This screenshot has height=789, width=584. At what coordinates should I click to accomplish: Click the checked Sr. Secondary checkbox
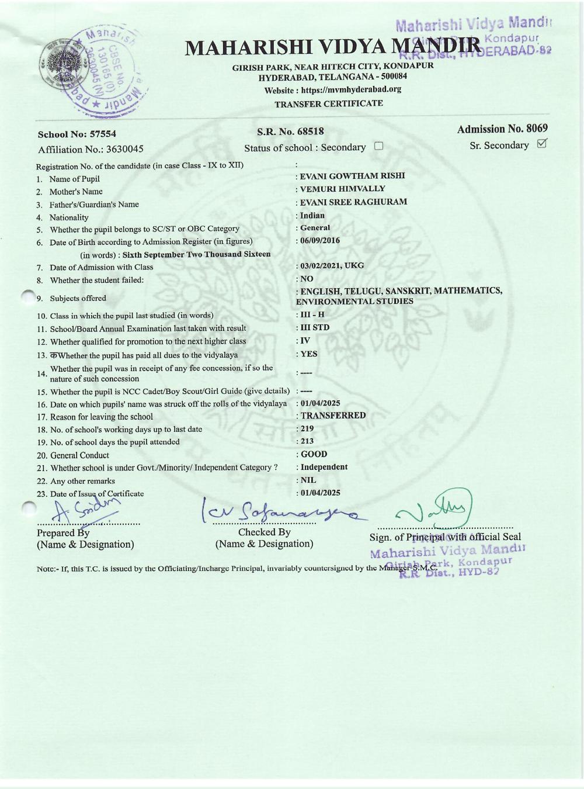pos(541,143)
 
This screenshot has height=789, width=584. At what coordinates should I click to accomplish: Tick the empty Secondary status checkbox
pos(378,146)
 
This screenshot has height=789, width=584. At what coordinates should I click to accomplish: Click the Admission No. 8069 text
pos(502,129)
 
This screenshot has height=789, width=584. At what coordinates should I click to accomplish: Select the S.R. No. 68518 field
pos(290,131)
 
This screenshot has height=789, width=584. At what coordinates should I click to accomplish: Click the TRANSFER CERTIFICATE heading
pos(329,103)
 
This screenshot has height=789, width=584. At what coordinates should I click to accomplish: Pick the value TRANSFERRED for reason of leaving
pos(333,416)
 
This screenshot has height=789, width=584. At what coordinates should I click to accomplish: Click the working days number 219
pos(307,428)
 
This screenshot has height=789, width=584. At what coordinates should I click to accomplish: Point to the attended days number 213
pos(307,441)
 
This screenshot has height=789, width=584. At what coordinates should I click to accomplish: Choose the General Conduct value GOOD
pos(314,454)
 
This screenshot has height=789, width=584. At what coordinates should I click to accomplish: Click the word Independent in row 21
pos(324,467)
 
